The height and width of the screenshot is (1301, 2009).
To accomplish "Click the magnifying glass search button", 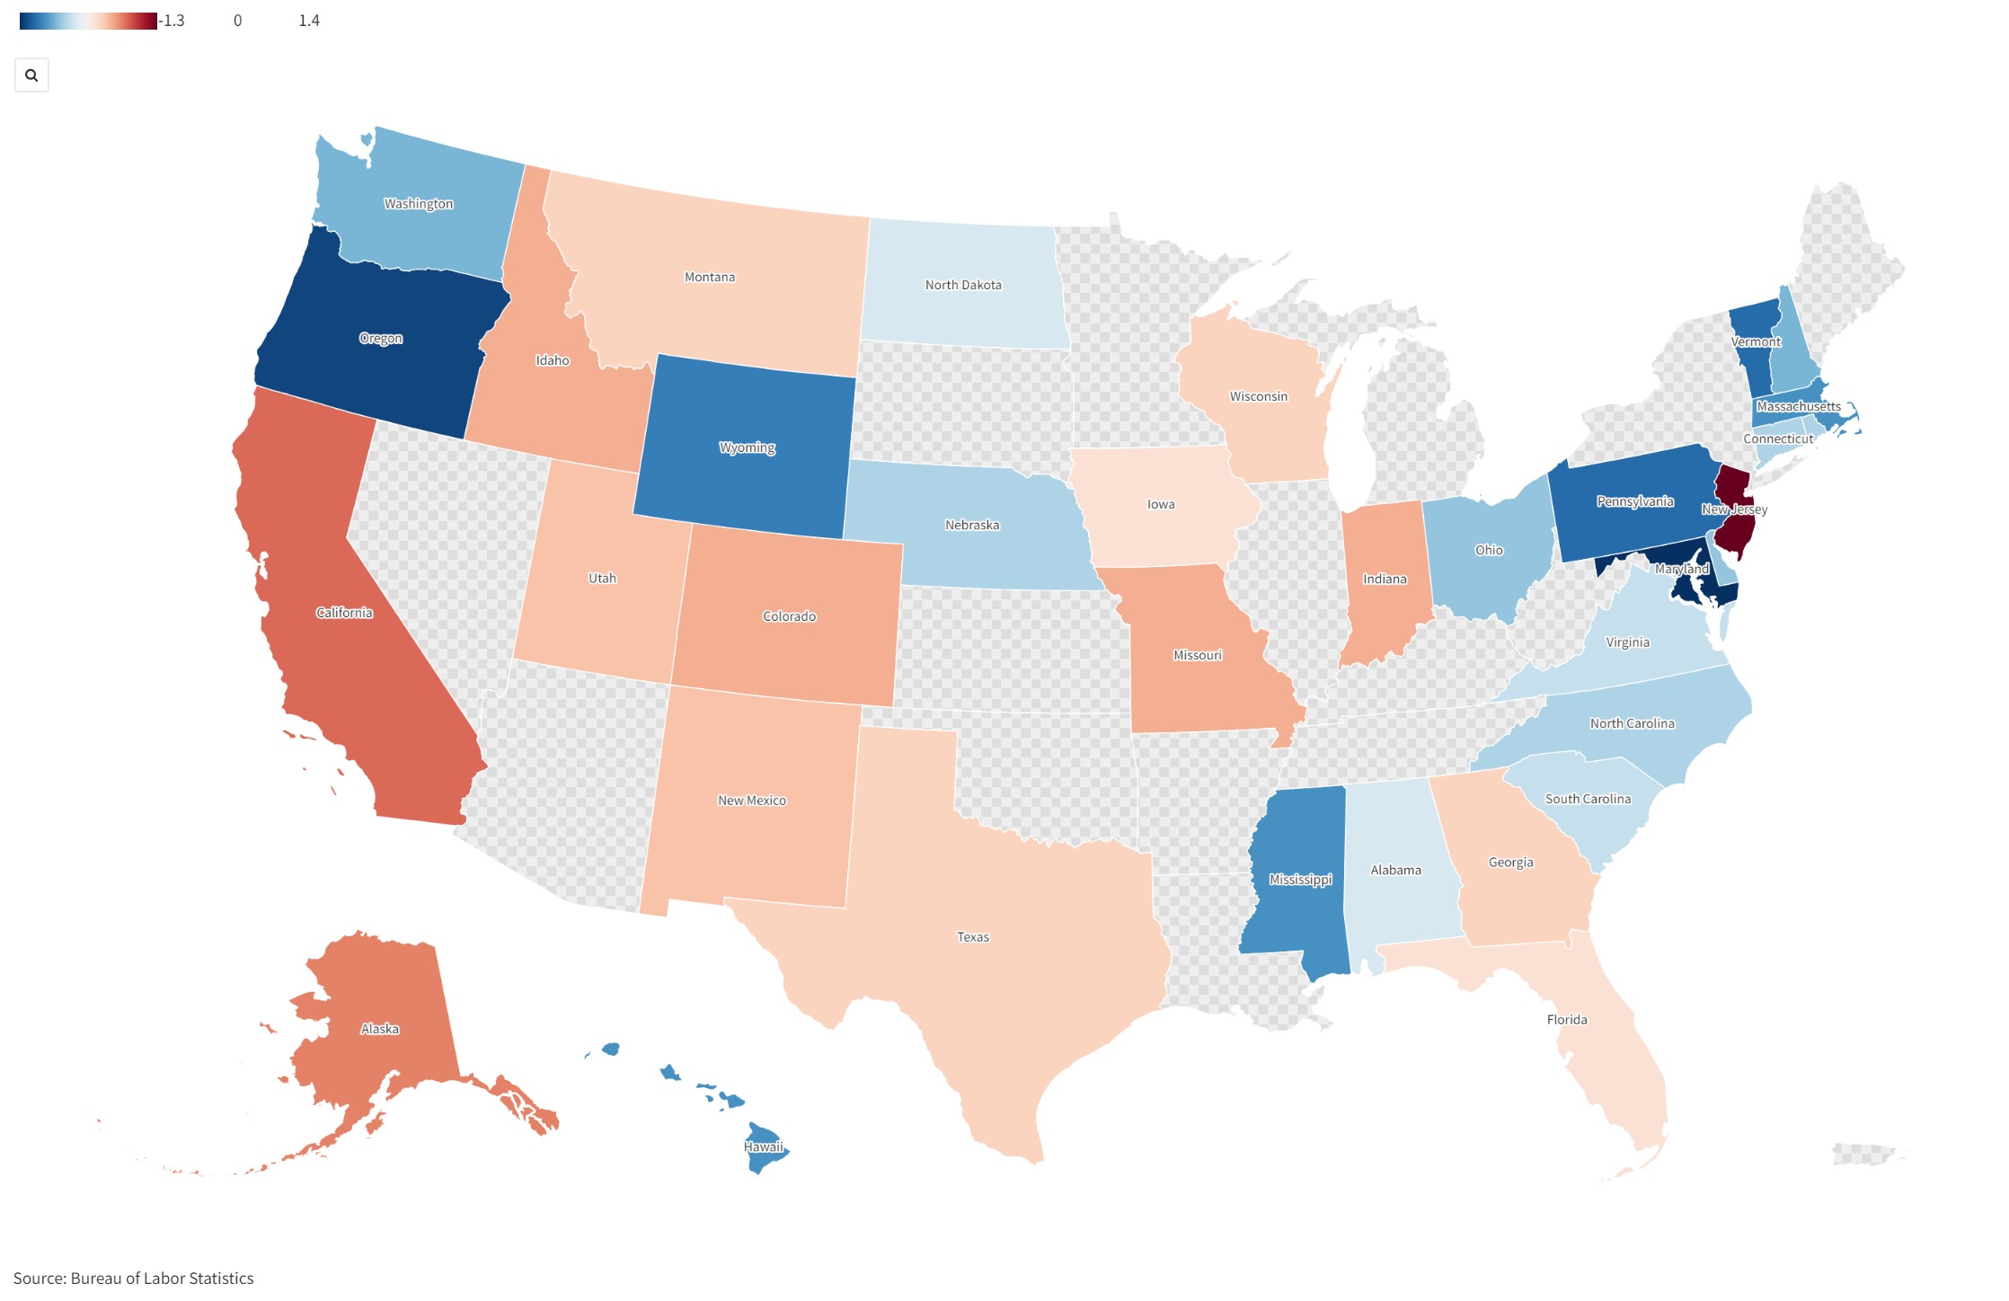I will point(31,75).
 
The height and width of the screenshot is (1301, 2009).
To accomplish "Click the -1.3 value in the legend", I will point(173,21).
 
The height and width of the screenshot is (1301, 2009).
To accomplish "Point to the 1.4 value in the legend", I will point(308,21).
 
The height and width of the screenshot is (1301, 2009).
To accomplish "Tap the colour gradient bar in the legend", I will point(87,21).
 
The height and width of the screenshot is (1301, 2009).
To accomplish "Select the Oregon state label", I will point(381,339).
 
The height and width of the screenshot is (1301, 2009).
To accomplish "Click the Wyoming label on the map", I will point(747,447).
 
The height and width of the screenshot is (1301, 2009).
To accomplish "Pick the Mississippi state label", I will point(1300,880).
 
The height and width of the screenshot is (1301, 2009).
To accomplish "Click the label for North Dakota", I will point(963,285).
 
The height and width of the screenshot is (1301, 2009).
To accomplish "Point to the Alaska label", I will point(379,1029).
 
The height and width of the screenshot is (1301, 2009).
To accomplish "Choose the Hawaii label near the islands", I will point(763,1147).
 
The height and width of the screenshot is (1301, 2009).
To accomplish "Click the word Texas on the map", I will point(972,937).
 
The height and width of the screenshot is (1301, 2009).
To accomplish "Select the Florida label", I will point(1566,1020).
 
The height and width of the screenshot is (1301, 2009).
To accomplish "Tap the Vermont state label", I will point(1756,342).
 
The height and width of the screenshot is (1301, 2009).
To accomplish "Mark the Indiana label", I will point(1385,580).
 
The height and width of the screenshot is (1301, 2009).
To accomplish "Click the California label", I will point(343,613).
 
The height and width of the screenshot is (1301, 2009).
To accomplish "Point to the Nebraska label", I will point(971,525).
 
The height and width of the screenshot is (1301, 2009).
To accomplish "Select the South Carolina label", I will point(1588,799).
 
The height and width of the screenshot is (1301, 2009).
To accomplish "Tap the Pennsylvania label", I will point(1634,501).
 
